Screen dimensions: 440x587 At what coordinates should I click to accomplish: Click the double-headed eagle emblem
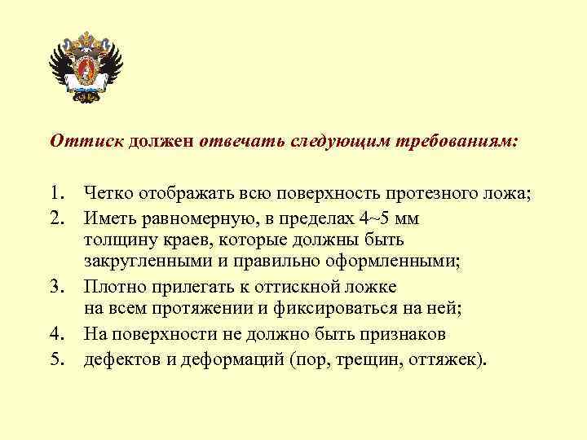[86, 67]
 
